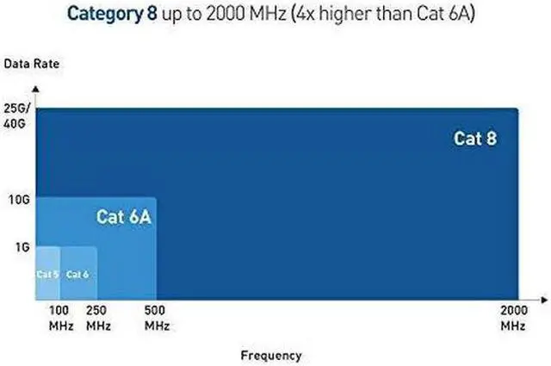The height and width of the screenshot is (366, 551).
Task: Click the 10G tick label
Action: click(x=19, y=200)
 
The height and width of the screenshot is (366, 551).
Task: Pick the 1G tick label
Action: click(x=22, y=247)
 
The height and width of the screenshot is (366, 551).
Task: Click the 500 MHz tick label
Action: click(x=157, y=319)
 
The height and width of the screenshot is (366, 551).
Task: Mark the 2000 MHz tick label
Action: click(x=514, y=319)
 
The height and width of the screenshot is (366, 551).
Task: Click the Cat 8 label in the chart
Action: click(x=475, y=138)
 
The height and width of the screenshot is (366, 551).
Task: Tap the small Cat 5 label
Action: click(x=46, y=274)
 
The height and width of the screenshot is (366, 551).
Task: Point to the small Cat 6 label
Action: click(x=77, y=274)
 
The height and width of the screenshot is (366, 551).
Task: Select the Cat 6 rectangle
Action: click(x=78, y=288)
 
